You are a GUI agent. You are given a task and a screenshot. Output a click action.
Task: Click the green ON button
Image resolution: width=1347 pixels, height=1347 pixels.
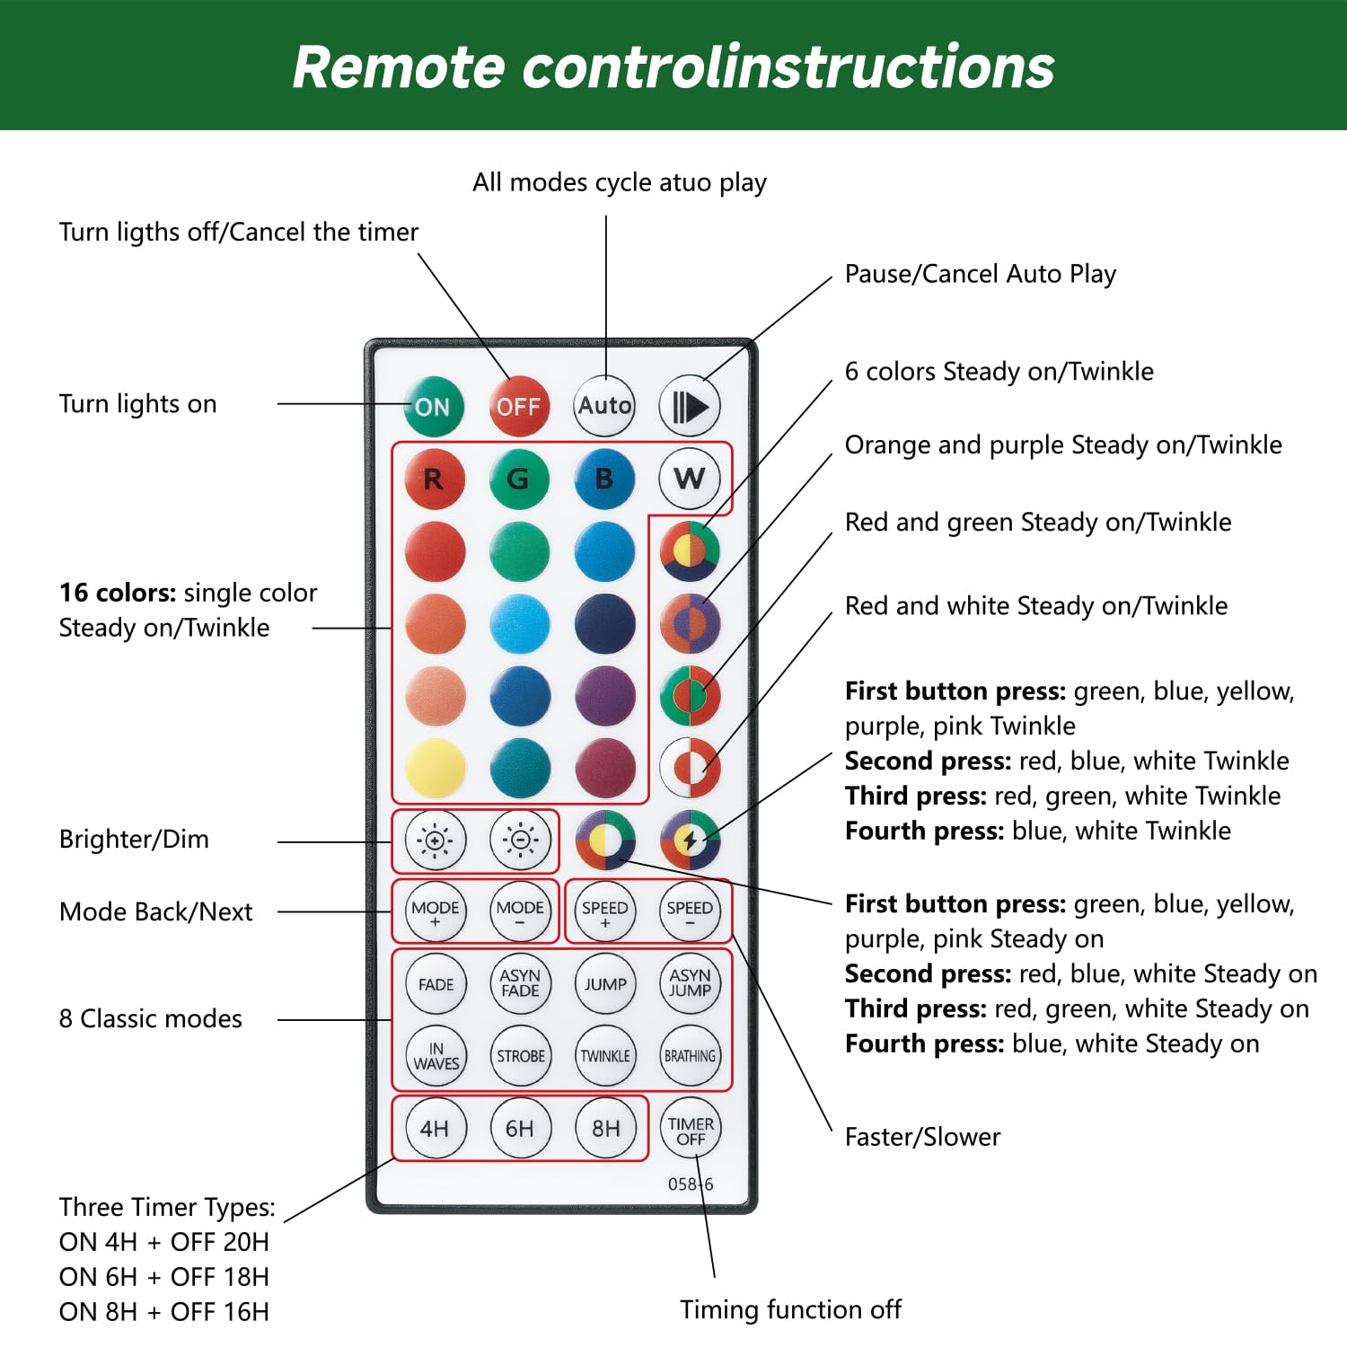tap(433, 406)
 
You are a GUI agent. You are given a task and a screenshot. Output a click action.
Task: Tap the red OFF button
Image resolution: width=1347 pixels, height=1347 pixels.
tap(519, 406)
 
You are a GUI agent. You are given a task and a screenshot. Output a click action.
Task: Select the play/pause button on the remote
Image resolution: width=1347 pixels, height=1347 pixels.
tap(690, 406)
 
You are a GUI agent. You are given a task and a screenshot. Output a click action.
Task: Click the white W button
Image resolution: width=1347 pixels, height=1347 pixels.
tap(690, 479)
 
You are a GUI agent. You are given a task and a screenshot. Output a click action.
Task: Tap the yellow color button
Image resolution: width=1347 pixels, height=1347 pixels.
tap(436, 769)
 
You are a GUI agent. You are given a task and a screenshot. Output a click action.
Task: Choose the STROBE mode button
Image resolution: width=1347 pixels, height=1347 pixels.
tap(521, 1056)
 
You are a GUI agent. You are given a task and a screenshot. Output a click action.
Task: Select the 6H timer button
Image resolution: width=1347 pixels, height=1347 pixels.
tap(520, 1128)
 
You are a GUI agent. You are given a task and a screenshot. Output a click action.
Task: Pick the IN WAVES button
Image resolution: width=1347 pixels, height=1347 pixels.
tap(436, 1056)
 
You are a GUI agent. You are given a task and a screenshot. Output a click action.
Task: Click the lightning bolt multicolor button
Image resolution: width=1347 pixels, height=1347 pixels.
tap(690, 841)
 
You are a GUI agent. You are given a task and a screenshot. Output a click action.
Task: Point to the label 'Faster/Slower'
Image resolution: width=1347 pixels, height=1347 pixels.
tap(922, 1137)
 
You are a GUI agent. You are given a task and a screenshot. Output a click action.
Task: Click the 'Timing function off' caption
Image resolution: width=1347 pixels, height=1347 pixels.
tap(790, 1309)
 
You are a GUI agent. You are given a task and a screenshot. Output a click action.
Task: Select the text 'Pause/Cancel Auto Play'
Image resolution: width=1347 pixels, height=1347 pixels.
tap(980, 274)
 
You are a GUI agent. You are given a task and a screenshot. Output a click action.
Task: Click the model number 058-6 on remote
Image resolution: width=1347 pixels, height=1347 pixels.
tap(690, 1184)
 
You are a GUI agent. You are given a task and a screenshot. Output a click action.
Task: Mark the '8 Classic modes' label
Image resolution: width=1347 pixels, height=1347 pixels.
tap(151, 1018)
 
